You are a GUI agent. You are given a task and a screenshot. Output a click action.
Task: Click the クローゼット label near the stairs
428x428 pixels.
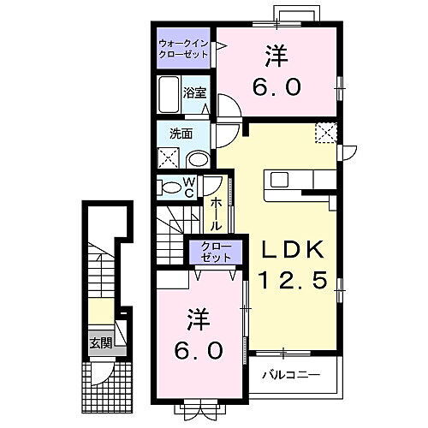(209, 252)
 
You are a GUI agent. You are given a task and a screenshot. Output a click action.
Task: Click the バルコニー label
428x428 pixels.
(296, 374)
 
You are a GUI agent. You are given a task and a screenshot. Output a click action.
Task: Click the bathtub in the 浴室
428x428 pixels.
(168, 92)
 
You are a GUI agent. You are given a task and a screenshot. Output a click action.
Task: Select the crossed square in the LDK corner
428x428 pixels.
(326, 133)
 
